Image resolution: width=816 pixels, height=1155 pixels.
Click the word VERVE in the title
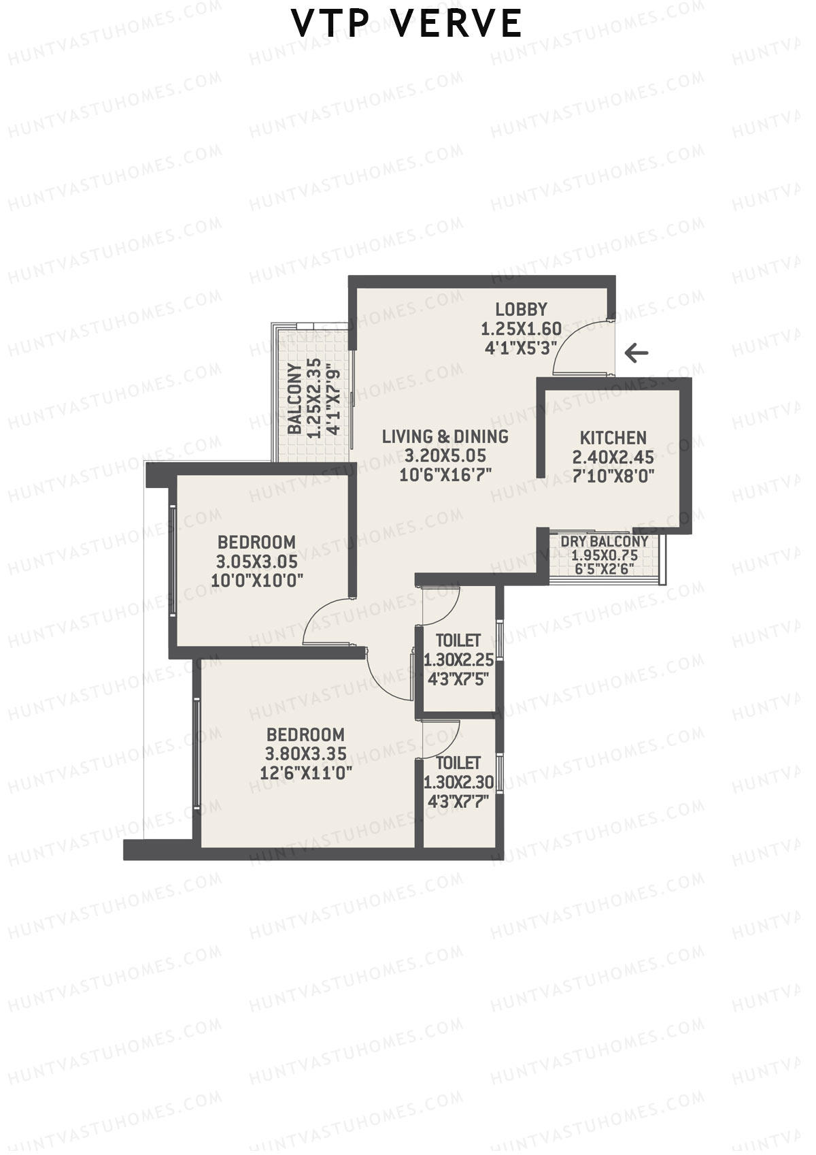point(458,25)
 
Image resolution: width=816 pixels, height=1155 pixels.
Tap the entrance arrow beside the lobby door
point(636,353)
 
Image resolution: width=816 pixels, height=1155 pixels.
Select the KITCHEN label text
point(613,438)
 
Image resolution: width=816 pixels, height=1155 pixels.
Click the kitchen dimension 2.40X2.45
point(613,457)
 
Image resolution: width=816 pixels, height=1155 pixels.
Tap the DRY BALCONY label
point(604,542)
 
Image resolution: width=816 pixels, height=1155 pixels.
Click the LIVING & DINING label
point(445,436)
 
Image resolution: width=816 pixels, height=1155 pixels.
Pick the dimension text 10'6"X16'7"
point(445,475)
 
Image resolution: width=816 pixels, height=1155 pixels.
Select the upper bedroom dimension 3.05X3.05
point(256,562)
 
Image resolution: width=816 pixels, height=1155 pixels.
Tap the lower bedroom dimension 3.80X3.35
point(305,754)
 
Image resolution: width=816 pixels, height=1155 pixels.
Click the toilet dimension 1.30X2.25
point(458,660)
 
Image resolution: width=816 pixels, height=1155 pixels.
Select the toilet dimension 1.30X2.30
point(458,783)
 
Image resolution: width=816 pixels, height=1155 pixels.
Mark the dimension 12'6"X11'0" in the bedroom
point(305,773)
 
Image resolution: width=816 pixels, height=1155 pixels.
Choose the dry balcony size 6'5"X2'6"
point(604,568)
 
